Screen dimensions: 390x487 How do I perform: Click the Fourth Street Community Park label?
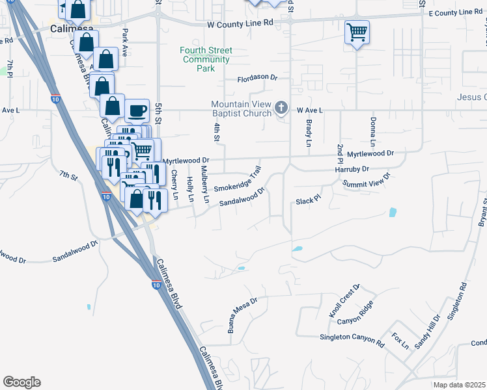pyautogui.click(x=206, y=59)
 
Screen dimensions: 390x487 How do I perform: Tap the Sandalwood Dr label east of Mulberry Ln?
pyautogui.click(x=242, y=197)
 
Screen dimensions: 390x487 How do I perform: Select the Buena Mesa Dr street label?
pyautogui.click(x=243, y=315)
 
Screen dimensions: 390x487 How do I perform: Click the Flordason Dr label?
pyautogui.click(x=257, y=78)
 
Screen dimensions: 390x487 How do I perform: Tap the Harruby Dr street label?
pyautogui.click(x=352, y=168)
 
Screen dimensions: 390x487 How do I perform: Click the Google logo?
pyautogui.click(x=21, y=382)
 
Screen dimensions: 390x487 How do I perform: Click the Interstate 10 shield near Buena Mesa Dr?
pyautogui.click(x=156, y=284)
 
